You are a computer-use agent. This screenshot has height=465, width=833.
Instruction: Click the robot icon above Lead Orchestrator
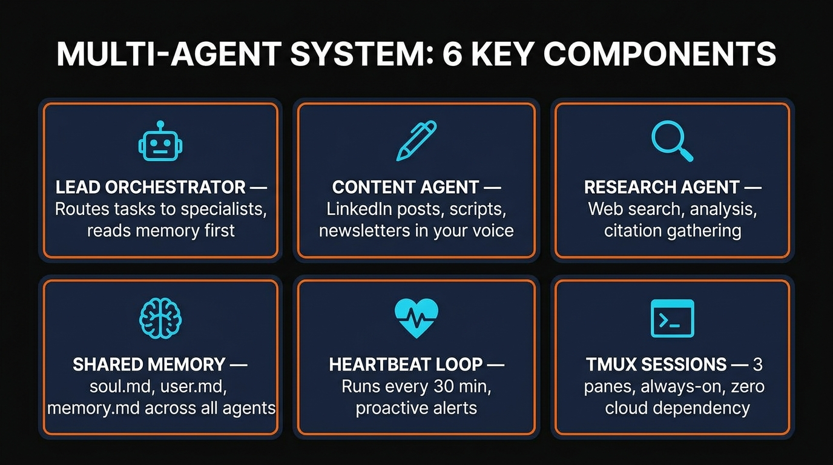tap(160, 143)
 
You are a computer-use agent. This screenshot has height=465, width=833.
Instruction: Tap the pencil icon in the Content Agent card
tap(416, 140)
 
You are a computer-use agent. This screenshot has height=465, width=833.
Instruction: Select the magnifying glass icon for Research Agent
tap(672, 141)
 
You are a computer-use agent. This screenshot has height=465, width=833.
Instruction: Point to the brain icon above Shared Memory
tap(160, 318)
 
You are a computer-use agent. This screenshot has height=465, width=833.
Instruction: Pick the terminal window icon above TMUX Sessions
tap(672, 318)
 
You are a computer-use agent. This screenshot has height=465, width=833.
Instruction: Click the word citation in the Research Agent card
tap(632, 231)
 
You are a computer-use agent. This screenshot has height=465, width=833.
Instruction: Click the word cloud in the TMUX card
tap(627, 407)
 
